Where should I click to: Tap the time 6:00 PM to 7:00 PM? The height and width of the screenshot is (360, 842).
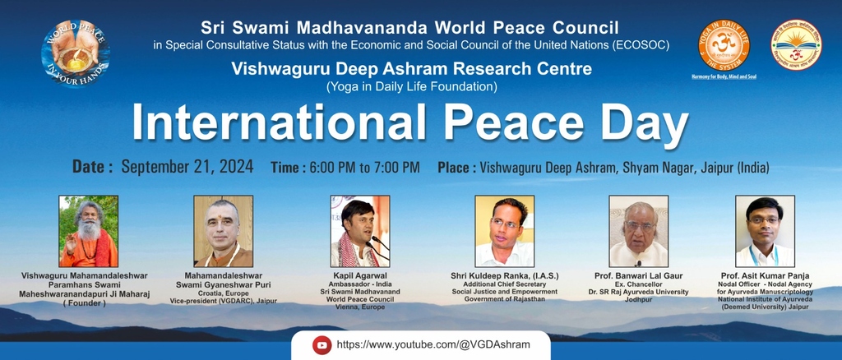click(364, 168)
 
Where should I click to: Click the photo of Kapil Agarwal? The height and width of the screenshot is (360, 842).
click(359, 231)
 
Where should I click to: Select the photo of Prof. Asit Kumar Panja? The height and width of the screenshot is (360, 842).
click(765, 231)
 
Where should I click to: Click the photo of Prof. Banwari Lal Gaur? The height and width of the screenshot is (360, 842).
click(638, 231)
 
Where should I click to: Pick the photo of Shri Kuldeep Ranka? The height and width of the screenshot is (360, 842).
click(504, 231)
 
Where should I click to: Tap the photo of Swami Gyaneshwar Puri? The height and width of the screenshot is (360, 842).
click(223, 231)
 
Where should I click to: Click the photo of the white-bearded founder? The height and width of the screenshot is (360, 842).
click(88, 231)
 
